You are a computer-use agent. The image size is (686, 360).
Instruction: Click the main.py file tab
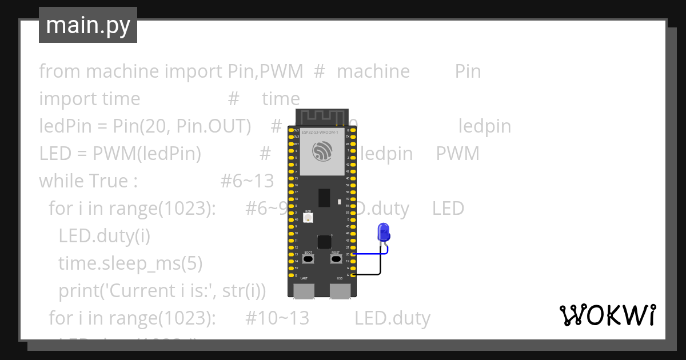click(x=88, y=25)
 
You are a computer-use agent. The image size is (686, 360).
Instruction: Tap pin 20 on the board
click(x=353, y=254)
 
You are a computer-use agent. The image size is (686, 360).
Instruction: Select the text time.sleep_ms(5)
click(x=130, y=263)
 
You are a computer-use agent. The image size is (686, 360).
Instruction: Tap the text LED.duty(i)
click(x=104, y=236)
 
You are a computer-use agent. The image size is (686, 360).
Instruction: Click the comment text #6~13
click(x=247, y=181)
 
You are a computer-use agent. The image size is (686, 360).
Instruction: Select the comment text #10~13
click(x=277, y=318)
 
